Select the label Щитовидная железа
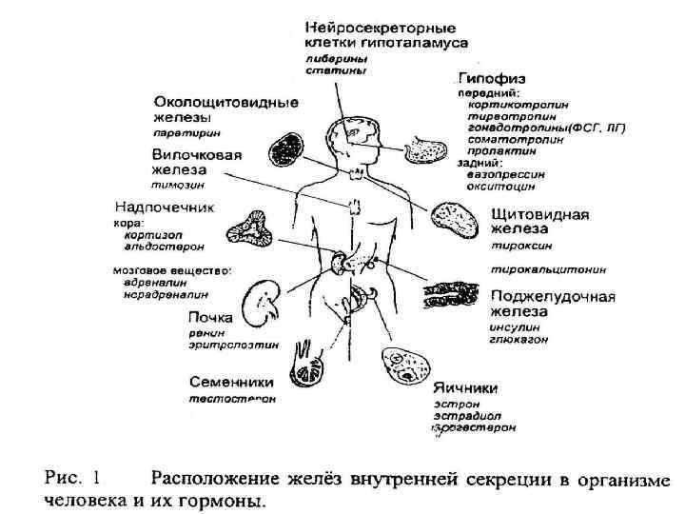coord(538,222)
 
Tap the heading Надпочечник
coord(164,206)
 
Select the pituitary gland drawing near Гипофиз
coord(422,150)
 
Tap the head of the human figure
coord(359,133)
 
